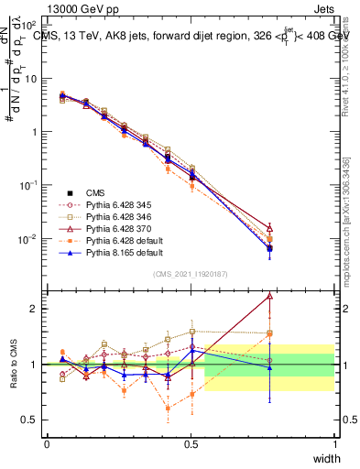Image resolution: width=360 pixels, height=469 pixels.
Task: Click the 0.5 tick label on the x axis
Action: click(191, 444)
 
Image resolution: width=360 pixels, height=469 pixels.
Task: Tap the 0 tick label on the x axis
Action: click(47, 444)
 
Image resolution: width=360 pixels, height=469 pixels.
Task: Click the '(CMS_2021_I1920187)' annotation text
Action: click(191, 274)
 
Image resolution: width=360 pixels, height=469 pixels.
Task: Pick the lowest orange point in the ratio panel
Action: click(168, 409)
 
